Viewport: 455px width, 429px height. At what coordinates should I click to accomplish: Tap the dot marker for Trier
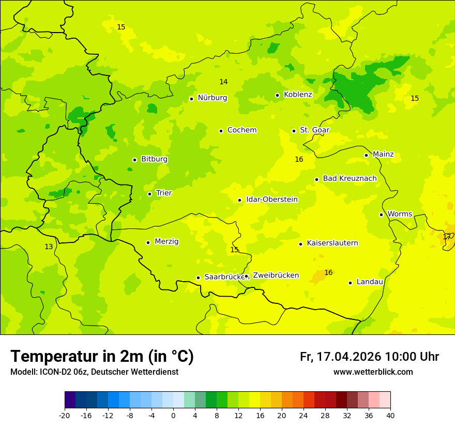[149, 194]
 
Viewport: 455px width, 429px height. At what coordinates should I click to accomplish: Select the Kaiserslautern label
[332, 243]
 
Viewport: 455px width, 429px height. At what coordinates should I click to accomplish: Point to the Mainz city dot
[366, 155]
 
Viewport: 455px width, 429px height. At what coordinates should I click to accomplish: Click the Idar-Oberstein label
[271, 200]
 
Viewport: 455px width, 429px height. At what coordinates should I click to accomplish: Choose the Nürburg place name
[212, 98]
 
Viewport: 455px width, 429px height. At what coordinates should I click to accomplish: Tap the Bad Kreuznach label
[350, 178]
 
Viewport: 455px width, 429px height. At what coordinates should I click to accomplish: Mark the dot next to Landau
[350, 283]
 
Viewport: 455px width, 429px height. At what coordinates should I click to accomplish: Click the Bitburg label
[154, 159]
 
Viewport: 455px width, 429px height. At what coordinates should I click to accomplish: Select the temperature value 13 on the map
[49, 247]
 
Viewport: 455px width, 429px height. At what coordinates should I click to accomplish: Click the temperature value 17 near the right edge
[447, 237]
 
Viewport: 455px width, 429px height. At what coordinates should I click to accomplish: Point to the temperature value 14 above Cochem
[223, 82]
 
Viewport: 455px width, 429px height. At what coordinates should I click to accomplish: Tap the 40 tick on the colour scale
[390, 415]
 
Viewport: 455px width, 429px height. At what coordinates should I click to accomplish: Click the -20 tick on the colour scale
[65, 415]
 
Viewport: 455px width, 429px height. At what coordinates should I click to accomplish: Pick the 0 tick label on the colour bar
[173, 415]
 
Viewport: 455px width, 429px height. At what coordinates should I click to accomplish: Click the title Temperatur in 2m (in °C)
[102, 356]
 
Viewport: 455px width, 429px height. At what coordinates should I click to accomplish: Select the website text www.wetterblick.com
[373, 372]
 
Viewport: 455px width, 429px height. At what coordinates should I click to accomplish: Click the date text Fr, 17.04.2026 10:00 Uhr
[369, 357]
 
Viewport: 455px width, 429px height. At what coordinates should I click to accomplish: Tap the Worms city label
[399, 213]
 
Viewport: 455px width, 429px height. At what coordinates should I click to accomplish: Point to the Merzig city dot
[148, 242]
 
